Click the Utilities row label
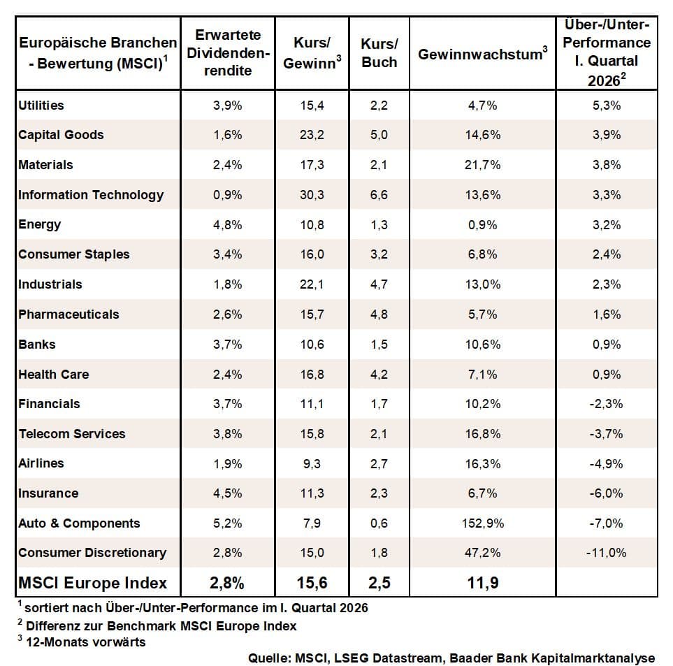[x=41, y=106]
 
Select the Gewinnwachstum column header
[x=482, y=54]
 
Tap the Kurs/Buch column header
[x=379, y=52]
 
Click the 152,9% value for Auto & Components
[x=482, y=523]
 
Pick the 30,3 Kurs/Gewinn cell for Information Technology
[x=311, y=195]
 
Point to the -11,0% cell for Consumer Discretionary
[x=607, y=553]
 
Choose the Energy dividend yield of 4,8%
[x=228, y=224]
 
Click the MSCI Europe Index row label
[x=93, y=583]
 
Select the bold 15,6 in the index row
[x=311, y=583]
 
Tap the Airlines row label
[x=41, y=463]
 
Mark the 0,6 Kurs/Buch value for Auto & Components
[x=379, y=523]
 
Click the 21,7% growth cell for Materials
[x=482, y=165]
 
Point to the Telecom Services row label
[x=72, y=433]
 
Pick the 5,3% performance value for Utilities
[x=607, y=106]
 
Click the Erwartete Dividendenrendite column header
[x=228, y=52]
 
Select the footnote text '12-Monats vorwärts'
[x=85, y=642]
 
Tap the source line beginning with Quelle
[x=451, y=658]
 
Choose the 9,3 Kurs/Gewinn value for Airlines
[x=311, y=463]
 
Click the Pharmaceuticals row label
[x=68, y=314]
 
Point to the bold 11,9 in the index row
[x=482, y=583]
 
